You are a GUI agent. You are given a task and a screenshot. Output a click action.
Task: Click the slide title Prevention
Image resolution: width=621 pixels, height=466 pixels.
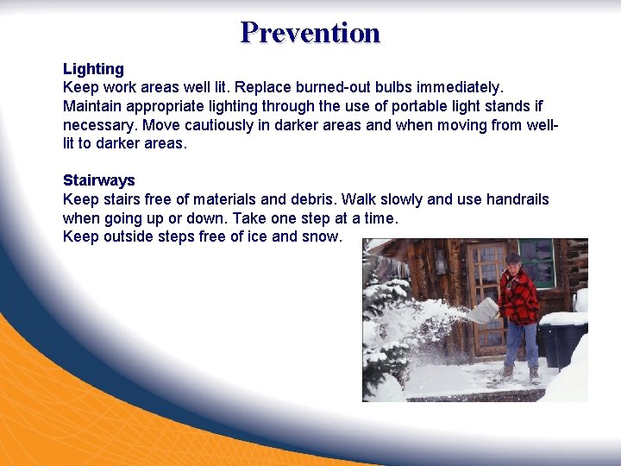(310, 33)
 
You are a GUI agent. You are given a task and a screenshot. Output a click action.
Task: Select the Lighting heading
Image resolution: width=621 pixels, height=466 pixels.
(93, 69)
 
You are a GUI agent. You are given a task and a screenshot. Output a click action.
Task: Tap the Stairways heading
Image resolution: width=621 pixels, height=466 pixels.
(99, 180)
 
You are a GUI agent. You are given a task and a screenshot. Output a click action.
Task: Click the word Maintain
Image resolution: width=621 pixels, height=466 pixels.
(92, 106)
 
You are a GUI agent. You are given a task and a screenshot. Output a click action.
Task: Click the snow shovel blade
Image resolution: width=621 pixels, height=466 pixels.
(484, 311)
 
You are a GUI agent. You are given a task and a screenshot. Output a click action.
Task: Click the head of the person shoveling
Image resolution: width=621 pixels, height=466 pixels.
(514, 261)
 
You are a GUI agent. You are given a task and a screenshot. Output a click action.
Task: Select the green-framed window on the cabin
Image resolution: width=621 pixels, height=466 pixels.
(538, 262)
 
